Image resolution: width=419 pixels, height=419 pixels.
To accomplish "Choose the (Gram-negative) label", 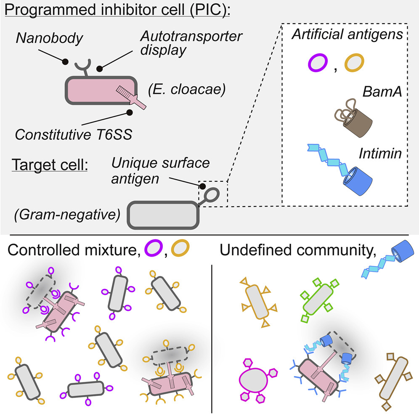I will click(63, 215).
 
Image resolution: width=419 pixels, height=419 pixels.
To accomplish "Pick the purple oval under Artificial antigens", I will click(316, 64).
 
